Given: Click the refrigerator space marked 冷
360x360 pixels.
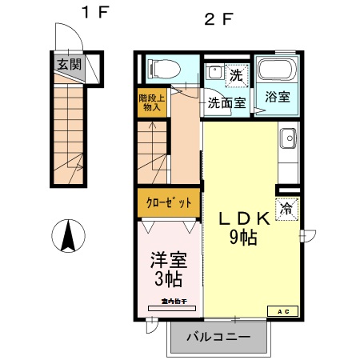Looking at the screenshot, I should (287, 209).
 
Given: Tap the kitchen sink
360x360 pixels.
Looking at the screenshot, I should (288, 142).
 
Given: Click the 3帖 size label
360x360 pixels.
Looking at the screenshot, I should (167, 280).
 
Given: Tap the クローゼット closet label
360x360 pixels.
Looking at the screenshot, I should (167, 202).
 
